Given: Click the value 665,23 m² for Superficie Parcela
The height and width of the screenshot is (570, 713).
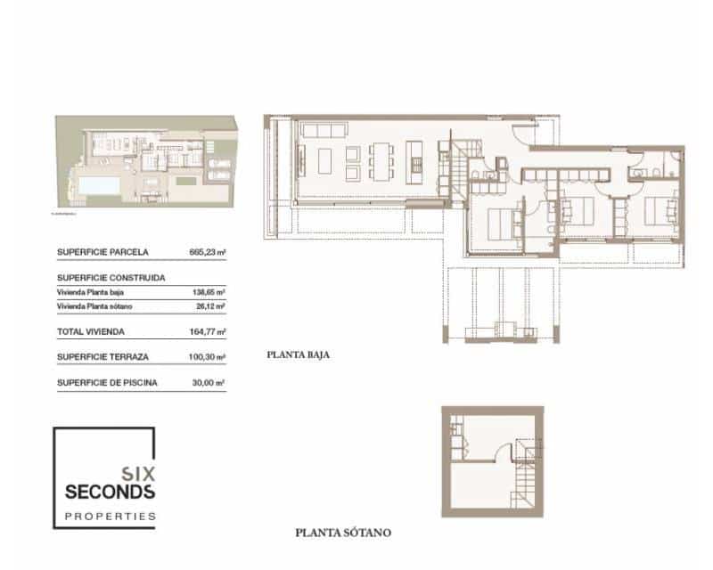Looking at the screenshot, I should tap(207, 252).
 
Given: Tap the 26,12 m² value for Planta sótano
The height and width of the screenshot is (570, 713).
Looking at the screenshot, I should tap(209, 306).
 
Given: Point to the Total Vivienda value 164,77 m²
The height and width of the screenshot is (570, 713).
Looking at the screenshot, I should tap(207, 331).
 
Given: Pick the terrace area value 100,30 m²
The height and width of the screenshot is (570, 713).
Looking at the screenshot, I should tap(207, 357).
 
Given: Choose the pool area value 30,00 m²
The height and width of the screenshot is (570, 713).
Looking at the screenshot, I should tap(209, 383).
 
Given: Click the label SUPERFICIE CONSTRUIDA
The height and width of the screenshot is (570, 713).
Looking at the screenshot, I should tap(111, 278).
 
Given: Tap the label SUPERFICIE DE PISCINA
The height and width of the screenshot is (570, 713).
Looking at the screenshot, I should tap(108, 383).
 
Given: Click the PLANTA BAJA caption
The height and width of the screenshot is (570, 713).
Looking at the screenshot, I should tap(299, 354).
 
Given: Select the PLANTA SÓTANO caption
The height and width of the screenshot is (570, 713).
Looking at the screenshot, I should tap(343, 534).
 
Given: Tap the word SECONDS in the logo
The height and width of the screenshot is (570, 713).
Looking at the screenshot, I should tap(111, 492).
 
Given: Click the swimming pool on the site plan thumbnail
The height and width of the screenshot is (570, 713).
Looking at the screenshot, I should tap(97, 184).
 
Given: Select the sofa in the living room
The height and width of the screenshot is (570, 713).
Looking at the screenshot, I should tap(325, 132).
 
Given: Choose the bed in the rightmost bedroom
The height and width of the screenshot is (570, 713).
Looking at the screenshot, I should tap(660, 210).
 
